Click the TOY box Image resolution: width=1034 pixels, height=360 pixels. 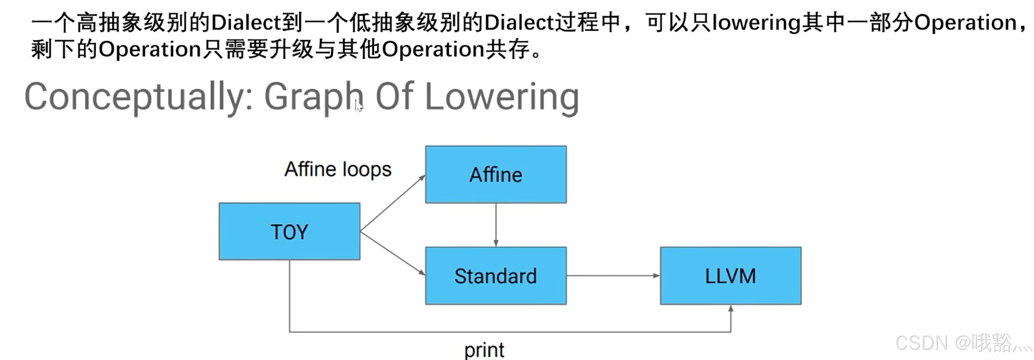point(289,232)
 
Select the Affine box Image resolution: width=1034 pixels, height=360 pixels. point(496,175)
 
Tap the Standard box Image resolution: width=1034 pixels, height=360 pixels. point(496,276)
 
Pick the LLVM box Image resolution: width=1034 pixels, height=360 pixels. point(730,276)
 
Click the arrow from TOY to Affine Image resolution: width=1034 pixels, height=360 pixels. point(393,203)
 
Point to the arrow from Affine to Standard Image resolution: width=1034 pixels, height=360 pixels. point(496,225)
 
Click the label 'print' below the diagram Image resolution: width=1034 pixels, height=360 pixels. point(484,350)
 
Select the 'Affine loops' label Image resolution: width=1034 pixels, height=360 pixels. point(338,169)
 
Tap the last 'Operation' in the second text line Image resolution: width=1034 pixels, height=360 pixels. point(433,49)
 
